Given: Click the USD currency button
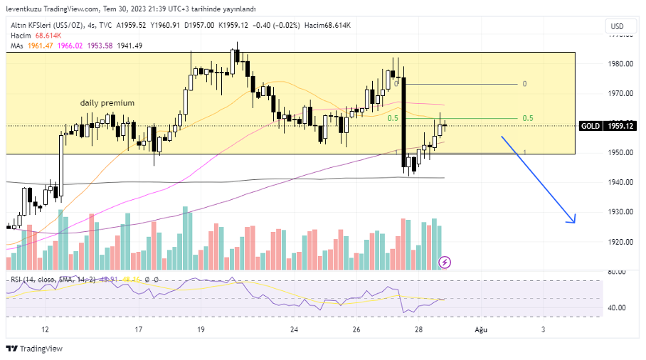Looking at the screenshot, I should point(616,26).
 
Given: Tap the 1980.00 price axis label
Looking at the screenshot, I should point(622,64).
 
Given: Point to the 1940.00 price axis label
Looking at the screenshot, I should point(622,182).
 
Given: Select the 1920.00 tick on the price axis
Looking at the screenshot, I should point(622,242).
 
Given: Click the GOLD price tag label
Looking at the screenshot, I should point(590,126).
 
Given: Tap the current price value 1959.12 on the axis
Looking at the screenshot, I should point(620,126).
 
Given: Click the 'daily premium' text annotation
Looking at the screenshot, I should point(107,103).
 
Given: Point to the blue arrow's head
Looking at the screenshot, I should point(572,221).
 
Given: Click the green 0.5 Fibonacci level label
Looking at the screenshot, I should point(528,118).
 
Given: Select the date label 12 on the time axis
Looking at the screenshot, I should point(46,329).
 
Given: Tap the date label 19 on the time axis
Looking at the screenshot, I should point(201,329).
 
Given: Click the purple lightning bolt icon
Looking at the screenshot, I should point(445,262).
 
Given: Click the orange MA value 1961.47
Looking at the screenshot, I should point(41,46).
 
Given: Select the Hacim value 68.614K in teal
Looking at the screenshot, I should point(48,36).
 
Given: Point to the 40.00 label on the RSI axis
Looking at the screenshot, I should point(616,307).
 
